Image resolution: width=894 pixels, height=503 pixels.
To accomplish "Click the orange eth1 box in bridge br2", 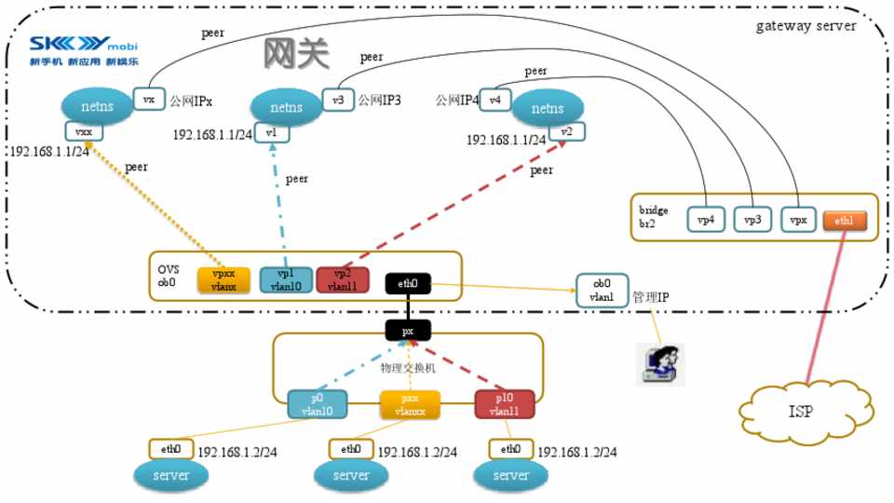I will [x=845, y=221].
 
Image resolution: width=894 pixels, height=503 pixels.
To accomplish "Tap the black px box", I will [x=407, y=331].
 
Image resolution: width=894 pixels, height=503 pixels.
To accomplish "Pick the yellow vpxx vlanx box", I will [x=224, y=280].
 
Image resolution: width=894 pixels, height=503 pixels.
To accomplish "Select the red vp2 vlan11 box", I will [x=344, y=280].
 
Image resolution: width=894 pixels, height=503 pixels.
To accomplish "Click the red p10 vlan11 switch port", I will [x=505, y=404].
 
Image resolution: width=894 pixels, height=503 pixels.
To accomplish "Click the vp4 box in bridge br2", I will [x=705, y=221].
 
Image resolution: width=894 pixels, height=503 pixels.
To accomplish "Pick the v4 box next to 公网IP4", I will [x=495, y=99].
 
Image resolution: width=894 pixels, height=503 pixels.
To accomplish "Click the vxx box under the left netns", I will [x=83, y=132].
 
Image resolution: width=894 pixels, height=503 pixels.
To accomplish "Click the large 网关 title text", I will [x=297, y=55].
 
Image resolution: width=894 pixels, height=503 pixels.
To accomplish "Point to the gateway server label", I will [x=806, y=25].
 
